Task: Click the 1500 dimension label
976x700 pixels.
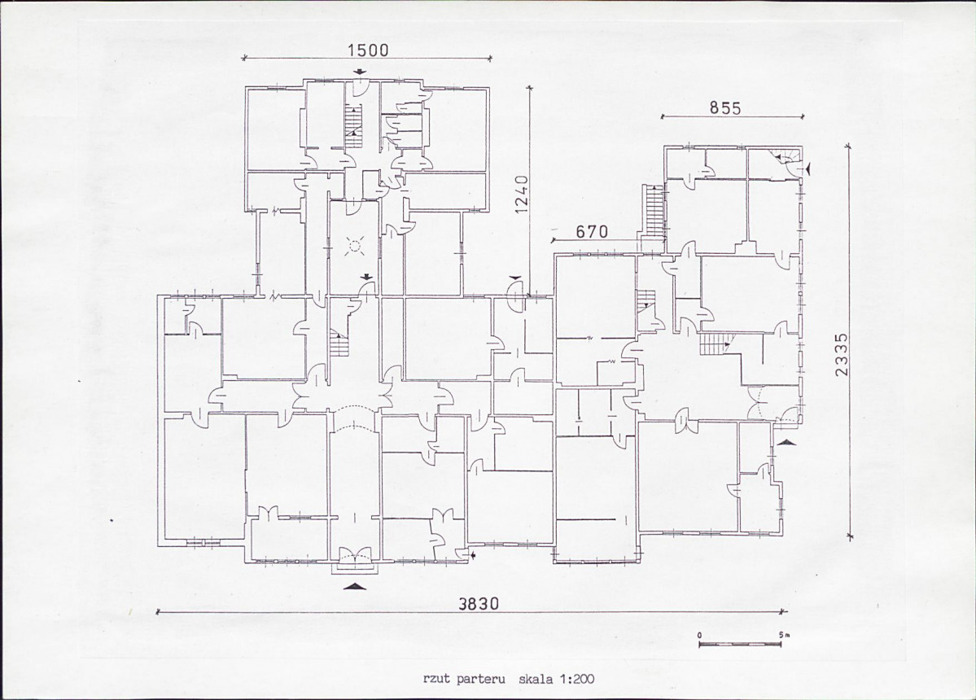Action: (x=369, y=50)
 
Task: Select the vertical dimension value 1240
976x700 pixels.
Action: (x=522, y=195)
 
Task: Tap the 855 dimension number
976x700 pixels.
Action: (x=726, y=107)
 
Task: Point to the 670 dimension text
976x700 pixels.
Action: (x=591, y=232)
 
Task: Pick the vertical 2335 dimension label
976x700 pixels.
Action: (x=842, y=355)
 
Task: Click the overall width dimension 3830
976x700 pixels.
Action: (x=479, y=604)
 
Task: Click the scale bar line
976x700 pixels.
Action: (x=740, y=644)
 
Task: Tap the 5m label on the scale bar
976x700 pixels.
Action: (x=783, y=635)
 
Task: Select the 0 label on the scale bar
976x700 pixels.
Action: (x=699, y=635)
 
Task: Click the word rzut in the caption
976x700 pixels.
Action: (x=435, y=679)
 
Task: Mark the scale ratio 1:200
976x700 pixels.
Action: (x=576, y=679)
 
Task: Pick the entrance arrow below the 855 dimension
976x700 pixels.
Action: (x=808, y=168)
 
